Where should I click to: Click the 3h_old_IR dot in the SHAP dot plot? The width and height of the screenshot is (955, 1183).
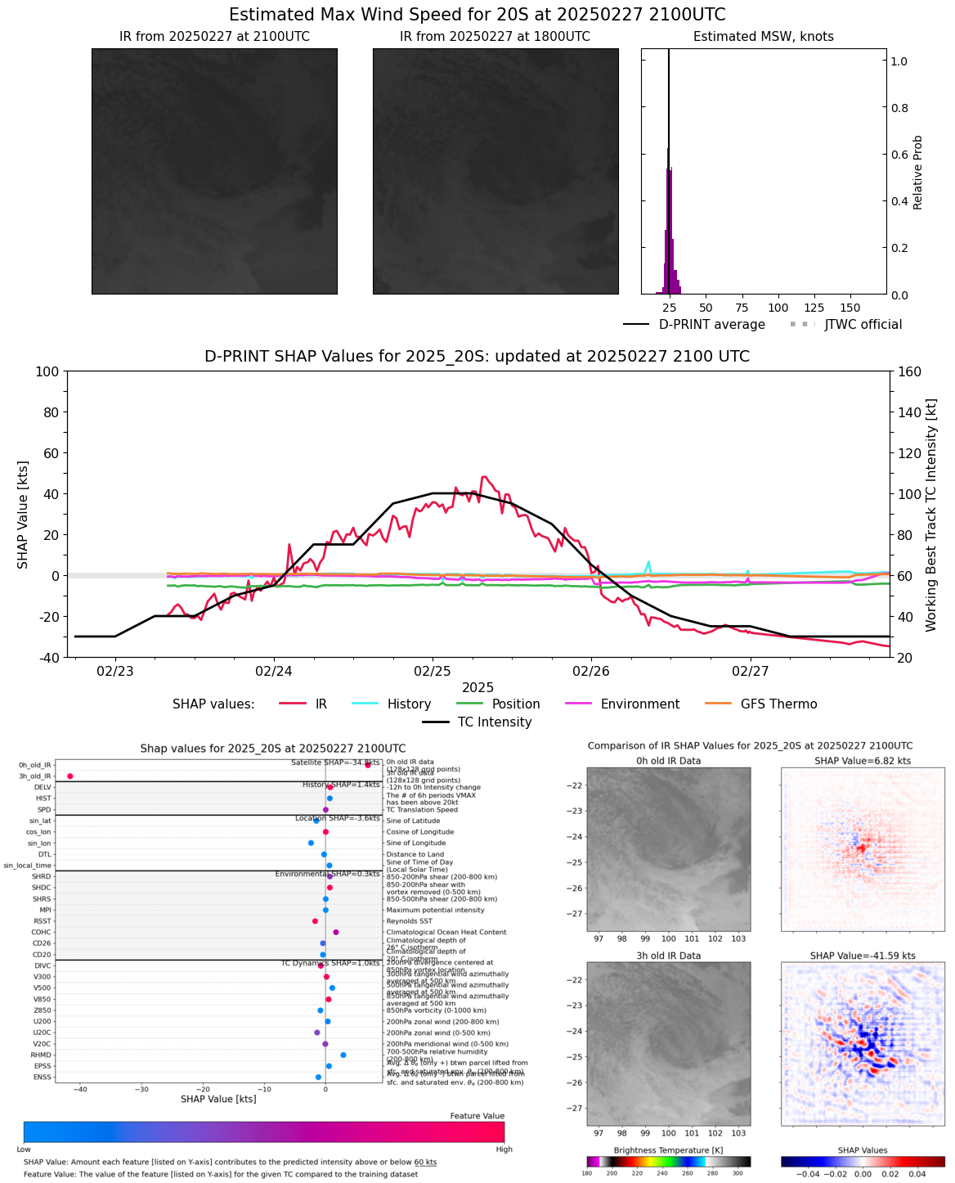(x=70, y=776)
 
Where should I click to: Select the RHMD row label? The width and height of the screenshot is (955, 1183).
(x=42, y=1055)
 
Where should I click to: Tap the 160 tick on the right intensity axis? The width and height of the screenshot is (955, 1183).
(x=910, y=371)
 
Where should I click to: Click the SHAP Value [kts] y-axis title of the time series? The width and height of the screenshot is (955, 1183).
(x=23, y=515)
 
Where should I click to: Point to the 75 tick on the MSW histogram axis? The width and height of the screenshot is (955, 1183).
(x=742, y=308)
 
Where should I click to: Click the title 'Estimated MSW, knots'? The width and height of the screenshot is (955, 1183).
(x=763, y=37)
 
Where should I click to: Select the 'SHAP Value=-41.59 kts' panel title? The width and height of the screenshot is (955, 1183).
(x=863, y=956)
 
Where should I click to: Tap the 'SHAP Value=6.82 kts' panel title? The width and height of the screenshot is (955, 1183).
(x=863, y=761)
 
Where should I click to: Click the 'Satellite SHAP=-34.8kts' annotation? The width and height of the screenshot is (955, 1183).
(x=335, y=762)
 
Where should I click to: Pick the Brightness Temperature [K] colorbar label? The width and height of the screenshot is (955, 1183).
(x=668, y=1150)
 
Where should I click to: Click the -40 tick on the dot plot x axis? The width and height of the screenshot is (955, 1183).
(x=80, y=1089)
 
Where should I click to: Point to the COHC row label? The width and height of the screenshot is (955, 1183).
(x=41, y=933)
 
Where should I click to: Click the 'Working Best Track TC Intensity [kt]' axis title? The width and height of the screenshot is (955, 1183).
(x=931, y=515)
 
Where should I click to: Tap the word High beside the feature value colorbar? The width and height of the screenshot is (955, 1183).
(x=504, y=1149)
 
